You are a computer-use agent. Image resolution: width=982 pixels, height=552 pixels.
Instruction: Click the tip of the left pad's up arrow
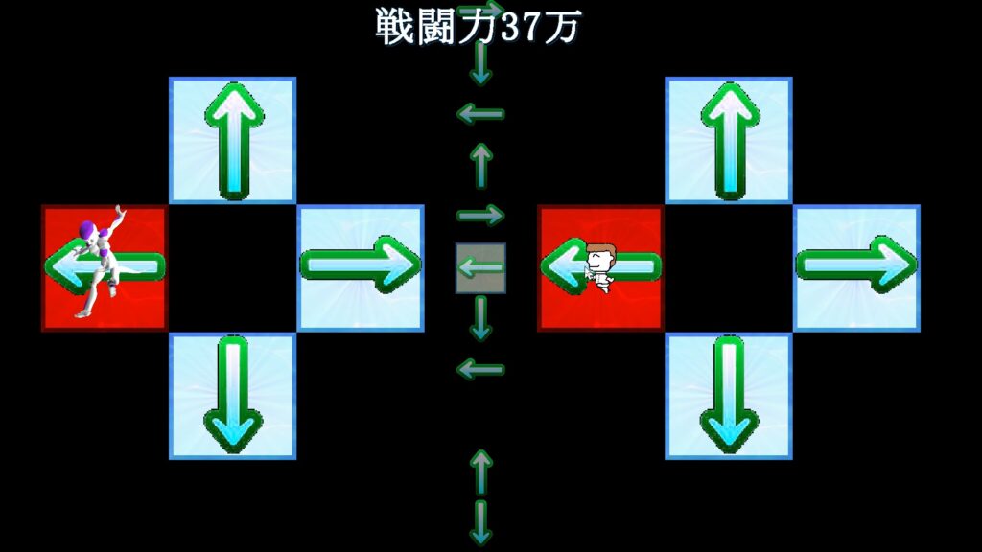point(234,84)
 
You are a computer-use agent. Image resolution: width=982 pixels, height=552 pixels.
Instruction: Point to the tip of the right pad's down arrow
point(729,452)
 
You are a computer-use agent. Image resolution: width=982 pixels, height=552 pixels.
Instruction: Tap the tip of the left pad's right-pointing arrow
point(420,264)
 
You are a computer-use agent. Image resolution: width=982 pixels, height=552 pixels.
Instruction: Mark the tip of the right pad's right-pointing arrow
point(916,264)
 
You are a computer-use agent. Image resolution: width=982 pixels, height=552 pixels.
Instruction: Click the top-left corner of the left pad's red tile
point(41,205)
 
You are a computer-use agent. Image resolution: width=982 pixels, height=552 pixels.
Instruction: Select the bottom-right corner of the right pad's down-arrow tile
point(793,459)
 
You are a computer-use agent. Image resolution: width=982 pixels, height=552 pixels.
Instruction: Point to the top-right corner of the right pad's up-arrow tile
point(793,77)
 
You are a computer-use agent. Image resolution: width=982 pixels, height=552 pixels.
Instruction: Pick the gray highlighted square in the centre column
point(480,268)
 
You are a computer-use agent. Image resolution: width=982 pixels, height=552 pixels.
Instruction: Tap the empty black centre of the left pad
point(232,268)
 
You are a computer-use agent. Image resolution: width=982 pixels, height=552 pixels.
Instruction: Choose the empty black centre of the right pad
point(729,268)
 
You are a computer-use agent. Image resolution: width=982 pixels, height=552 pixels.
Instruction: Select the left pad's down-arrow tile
point(232,396)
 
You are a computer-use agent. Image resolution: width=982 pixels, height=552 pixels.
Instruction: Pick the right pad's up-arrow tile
point(729,140)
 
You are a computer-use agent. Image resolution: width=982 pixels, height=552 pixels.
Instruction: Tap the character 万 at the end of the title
point(562,28)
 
